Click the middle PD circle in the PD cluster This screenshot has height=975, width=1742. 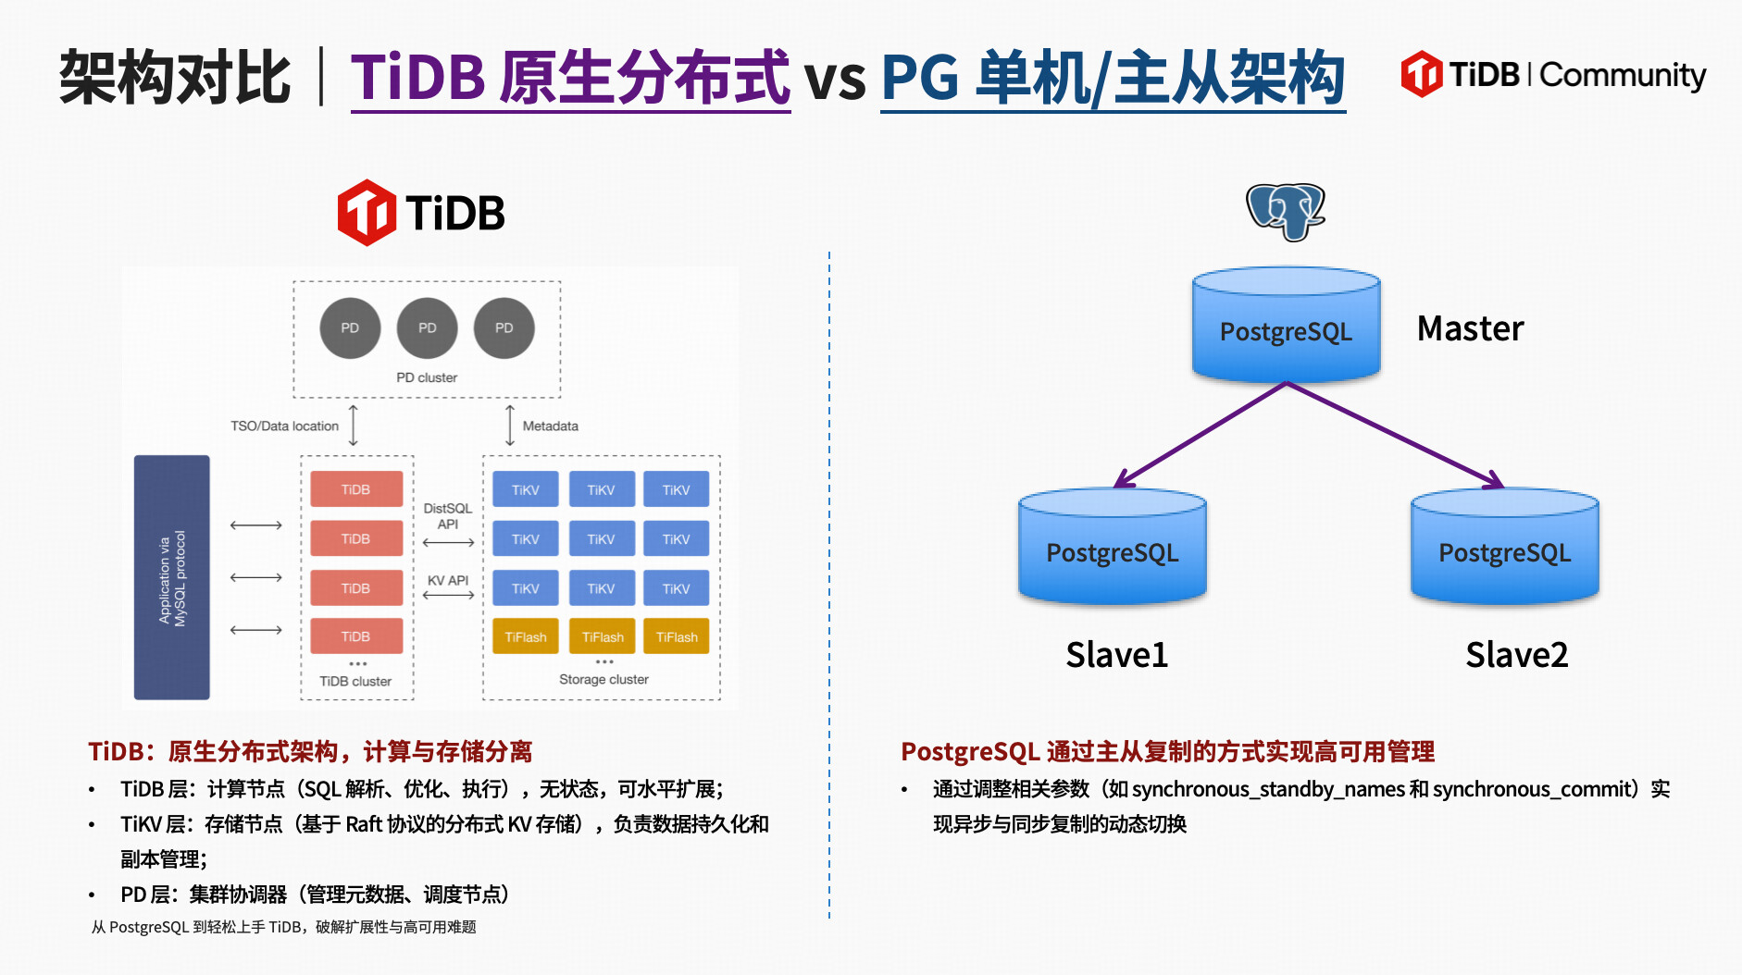pyautogui.click(x=427, y=327)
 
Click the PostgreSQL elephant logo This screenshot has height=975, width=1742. pyautogui.click(x=1286, y=211)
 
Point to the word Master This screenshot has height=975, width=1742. pyautogui.click(x=1470, y=328)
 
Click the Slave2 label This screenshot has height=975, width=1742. pyautogui.click(x=1516, y=655)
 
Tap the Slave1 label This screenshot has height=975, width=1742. pyautogui.click(x=1116, y=655)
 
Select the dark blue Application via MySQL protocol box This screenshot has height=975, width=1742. pyautogui.click(x=172, y=577)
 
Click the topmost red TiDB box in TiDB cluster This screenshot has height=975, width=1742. pyautogui.click(x=356, y=489)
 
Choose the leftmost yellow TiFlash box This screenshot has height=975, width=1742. pyautogui.click(x=526, y=636)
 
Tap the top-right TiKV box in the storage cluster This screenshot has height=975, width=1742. pyautogui.click(x=676, y=489)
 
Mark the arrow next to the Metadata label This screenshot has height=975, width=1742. pyautogui.click(x=510, y=425)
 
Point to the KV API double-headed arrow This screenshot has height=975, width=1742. pyautogui.click(x=448, y=595)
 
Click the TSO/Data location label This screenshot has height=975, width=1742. pyautogui.click(x=284, y=426)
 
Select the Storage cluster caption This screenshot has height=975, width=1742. pyautogui.click(x=603, y=679)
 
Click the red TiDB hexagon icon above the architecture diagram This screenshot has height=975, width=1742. pyautogui.click(x=367, y=213)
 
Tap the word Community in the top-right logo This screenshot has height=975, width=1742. pyautogui.click(x=1623, y=75)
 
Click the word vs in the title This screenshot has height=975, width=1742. pyautogui.click(x=835, y=78)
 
